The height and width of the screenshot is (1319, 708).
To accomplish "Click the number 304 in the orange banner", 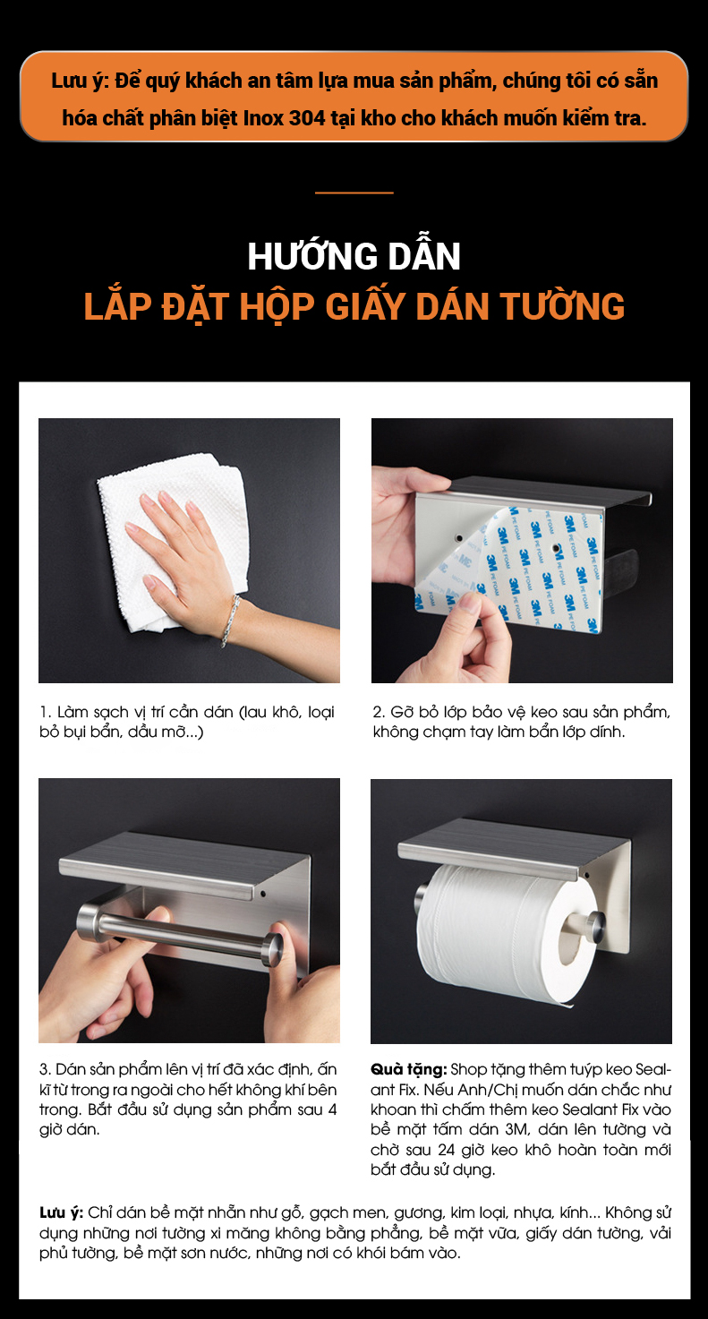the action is point(307,118).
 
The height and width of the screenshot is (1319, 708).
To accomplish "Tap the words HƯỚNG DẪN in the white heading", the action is point(354,256).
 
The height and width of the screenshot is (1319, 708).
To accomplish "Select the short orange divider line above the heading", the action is point(354,193).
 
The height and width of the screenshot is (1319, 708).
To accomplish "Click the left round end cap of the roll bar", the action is point(89,920).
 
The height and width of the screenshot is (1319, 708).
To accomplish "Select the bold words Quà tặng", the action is point(408,1069).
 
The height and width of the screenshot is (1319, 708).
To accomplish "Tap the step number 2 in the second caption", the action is point(377,713).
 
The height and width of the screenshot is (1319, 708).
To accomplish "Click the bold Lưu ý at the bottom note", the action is point(61,1213).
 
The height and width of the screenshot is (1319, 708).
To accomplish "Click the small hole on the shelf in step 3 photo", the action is point(263,894).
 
